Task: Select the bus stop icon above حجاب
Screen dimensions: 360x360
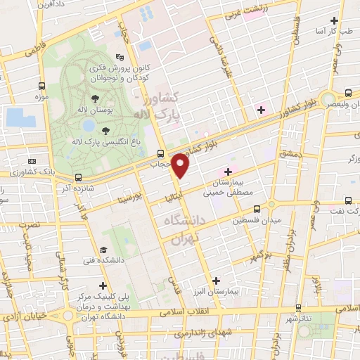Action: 161,153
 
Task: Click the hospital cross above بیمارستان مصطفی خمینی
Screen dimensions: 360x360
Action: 228,171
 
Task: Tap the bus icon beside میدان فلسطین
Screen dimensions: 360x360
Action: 257,209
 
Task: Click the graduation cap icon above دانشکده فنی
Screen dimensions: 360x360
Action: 104,250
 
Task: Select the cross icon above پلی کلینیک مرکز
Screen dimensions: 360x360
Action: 104,285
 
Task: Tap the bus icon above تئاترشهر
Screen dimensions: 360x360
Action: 299,308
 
